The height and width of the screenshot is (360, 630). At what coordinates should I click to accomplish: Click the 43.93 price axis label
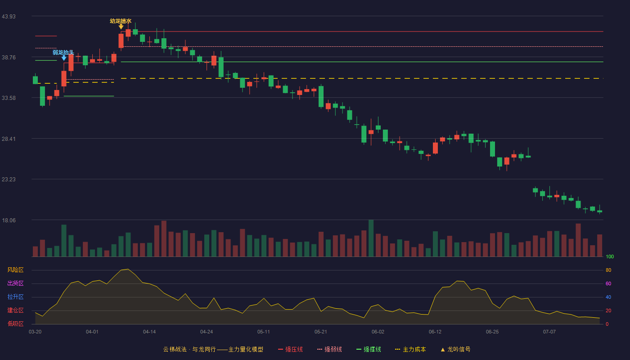[x=9, y=17]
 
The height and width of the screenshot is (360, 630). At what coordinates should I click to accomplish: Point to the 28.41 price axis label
[x=9, y=139]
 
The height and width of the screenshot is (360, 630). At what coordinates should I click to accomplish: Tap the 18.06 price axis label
[x=9, y=220]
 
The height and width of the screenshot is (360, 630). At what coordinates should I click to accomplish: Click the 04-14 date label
[x=149, y=332]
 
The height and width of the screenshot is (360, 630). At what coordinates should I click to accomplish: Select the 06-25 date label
[x=492, y=332]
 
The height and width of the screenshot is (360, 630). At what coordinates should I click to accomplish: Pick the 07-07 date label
[x=549, y=332]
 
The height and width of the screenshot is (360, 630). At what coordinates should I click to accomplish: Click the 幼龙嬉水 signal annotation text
[x=121, y=21]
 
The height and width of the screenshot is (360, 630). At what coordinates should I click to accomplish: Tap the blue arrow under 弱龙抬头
[x=64, y=58]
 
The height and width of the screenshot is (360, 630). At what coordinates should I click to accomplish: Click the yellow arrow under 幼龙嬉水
[x=121, y=27]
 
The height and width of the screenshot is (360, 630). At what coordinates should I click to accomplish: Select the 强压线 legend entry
[x=290, y=349]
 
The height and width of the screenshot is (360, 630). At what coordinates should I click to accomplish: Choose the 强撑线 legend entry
[x=369, y=349]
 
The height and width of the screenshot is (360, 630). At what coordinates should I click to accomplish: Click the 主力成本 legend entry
[x=410, y=349]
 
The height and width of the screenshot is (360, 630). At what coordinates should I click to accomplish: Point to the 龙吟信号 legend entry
[x=455, y=349]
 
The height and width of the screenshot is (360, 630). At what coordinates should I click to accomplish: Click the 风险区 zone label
[x=15, y=270]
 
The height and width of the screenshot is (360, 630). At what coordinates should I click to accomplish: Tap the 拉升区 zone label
[x=15, y=297]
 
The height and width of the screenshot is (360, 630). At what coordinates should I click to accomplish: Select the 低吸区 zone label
[x=15, y=324]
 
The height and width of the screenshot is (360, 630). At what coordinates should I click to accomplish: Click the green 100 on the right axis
[x=610, y=256]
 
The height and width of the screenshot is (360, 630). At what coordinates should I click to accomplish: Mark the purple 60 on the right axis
[x=608, y=283]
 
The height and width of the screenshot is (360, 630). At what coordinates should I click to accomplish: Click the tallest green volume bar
[x=371, y=238]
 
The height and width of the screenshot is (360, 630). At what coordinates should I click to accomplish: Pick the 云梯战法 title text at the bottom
[x=175, y=349]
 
